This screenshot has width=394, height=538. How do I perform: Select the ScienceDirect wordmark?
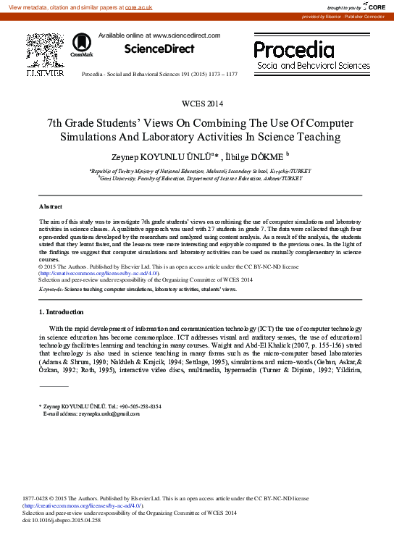click(159, 49)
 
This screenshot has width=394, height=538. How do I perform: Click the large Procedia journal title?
click(294, 50)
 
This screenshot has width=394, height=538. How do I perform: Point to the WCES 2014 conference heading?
click(196, 104)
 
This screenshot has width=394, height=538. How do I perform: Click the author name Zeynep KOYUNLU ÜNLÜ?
click(166, 155)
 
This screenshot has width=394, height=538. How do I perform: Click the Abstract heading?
click(50, 206)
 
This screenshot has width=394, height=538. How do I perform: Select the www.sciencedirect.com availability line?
click(148, 35)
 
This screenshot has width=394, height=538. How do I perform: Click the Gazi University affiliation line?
click(200, 177)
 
